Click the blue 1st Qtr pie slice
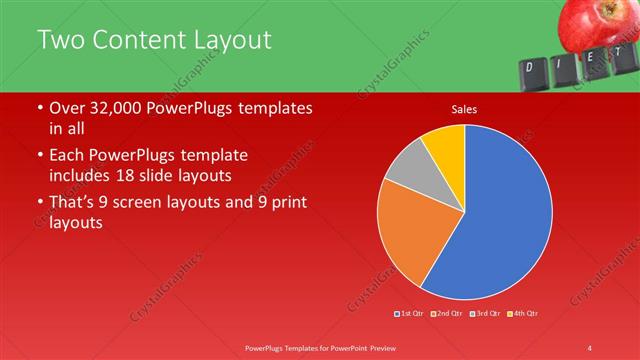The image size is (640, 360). (505, 215)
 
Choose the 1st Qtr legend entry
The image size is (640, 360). (410, 314)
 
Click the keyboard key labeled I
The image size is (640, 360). (563, 63)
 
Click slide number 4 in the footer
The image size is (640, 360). (590, 347)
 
